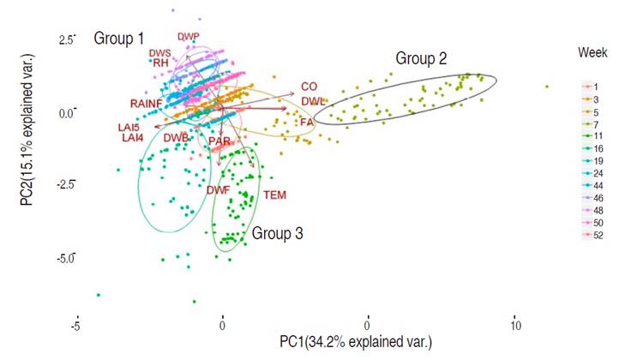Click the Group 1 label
pos(118,39)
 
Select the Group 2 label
pos(420,58)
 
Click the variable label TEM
pos(274,195)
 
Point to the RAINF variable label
pos(147,104)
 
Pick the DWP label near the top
pos(188,37)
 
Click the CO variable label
pos(309,87)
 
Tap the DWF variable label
pos(217,190)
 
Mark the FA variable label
pos(305,123)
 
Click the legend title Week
pos(592,53)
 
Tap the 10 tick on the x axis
pos(515,326)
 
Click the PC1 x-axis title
pos(355,342)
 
